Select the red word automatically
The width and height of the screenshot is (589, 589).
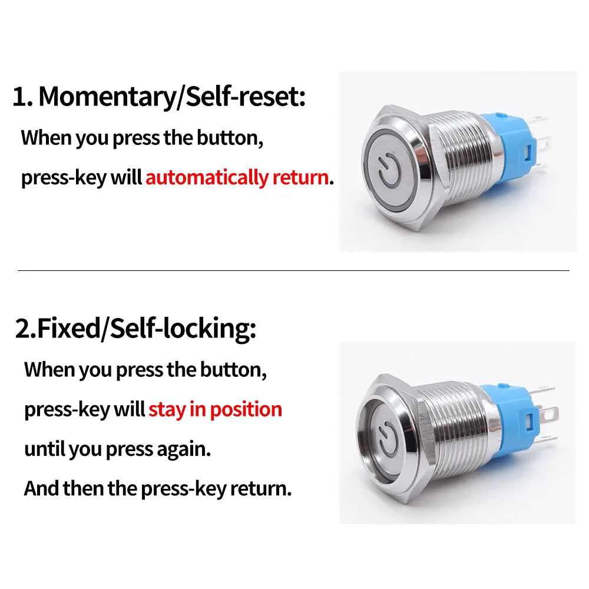coord(207,177)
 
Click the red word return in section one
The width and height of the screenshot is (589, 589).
coord(300,177)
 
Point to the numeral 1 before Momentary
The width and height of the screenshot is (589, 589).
coord(19,97)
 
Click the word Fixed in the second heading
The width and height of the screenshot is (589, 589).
coord(69,328)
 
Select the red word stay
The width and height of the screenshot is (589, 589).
coord(167,409)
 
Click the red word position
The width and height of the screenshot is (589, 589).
coord(246,409)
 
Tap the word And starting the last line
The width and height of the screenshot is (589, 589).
coord(41,488)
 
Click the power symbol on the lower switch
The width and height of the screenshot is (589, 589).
coord(387,439)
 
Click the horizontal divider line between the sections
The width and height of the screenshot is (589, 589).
coord(293,270)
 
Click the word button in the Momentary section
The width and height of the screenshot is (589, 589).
coord(230,138)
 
